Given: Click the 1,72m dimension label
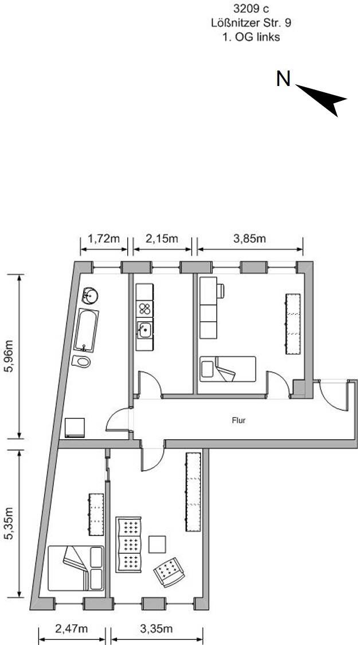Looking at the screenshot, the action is click(104, 239).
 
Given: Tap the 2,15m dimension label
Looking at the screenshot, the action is click(162, 239).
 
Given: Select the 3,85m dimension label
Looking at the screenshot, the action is click(250, 239).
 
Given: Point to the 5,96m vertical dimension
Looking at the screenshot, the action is click(9, 355).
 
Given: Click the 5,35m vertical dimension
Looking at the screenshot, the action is click(9, 523).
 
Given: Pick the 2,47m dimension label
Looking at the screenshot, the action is click(72, 629).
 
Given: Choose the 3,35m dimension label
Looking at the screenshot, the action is click(156, 629).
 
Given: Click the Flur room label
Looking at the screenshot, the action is click(239, 421).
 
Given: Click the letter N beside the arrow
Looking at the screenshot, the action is click(283, 79).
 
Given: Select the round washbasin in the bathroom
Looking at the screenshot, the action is click(89, 295).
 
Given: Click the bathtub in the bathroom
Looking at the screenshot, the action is click(86, 330).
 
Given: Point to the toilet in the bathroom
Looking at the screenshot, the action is click(81, 362).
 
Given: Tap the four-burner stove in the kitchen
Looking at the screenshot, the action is click(144, 308).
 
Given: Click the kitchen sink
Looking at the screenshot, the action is click(144, 330).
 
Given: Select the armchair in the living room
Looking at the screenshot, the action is click(169, 572).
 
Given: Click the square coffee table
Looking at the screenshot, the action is click(157, 545).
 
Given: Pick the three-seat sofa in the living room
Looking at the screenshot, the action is click(128, 545).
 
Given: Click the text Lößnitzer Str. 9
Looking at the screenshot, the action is click(251, 23).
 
